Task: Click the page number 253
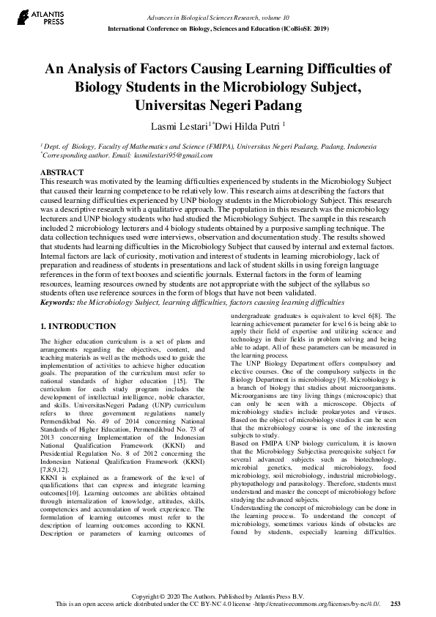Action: click(396, 604)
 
